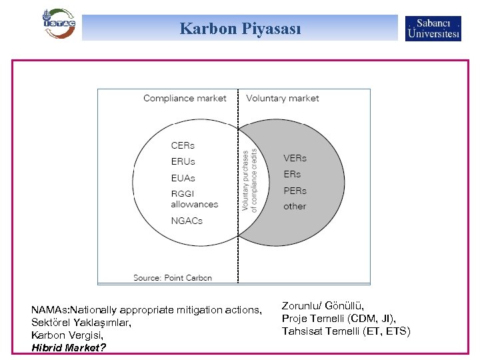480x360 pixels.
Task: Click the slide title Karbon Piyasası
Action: click(240, 29)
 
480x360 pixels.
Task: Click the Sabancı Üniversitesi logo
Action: click(433, 28)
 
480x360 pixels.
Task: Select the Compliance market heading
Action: click(185, 99)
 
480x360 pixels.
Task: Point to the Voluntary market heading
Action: click(283, 99)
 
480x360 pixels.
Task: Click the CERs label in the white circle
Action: click(183, 145)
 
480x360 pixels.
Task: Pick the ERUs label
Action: click(183, 161)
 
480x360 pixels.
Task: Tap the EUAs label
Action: click(183, 178)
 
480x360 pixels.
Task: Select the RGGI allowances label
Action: click(194, 199)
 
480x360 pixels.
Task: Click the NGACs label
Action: click(187, 221)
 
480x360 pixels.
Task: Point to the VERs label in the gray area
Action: click(295, 158)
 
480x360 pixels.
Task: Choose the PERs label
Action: click(295, 190)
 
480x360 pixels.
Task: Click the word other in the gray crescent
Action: click(295, 206)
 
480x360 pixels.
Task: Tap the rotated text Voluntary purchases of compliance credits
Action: click(249, 179)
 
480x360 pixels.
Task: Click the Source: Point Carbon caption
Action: click(172, 277)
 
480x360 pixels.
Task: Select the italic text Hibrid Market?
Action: click(69, 347)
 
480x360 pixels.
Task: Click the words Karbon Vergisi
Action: click(65, 335)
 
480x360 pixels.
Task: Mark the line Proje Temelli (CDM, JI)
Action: click(339, 319)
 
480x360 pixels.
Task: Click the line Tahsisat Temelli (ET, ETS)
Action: click(346, 331)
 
